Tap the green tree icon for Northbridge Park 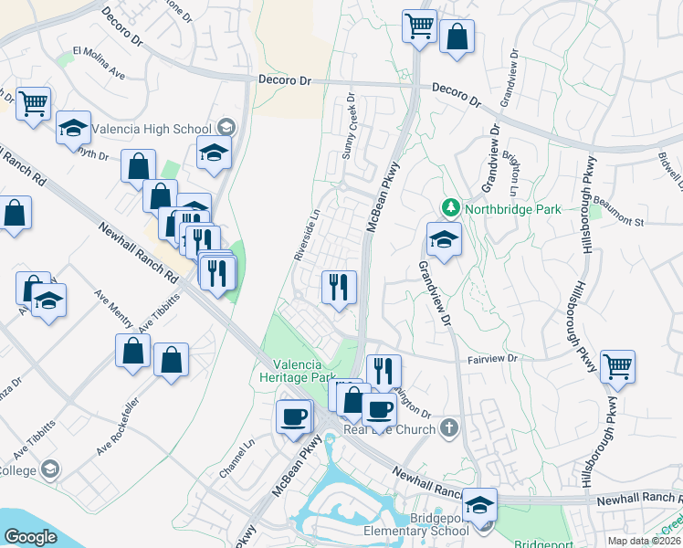449,208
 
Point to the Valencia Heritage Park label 299,369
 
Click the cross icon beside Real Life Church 447,427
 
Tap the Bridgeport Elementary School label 415,531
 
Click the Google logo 30,537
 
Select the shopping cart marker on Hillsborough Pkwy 618,367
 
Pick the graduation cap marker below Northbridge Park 444,240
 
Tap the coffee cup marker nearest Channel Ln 294,417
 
